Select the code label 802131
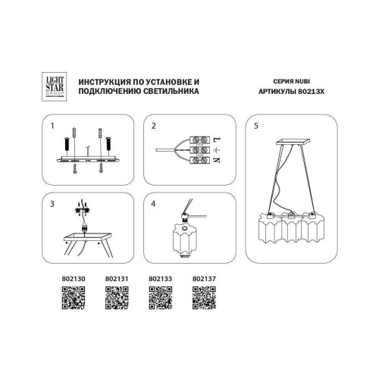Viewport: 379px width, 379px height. pos(115,279)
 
